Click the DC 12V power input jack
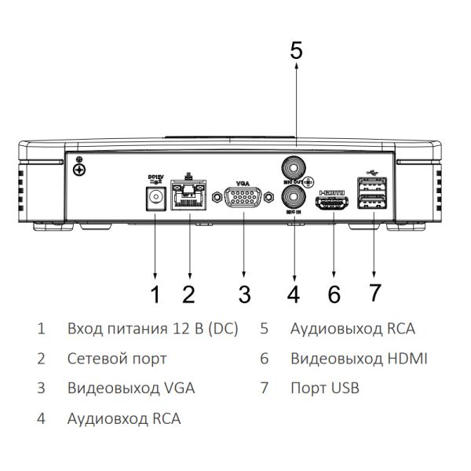155,199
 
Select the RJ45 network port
188,195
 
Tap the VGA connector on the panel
243,198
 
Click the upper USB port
374,187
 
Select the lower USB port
374,203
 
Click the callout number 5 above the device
296,50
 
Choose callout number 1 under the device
155,294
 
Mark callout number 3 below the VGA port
244,294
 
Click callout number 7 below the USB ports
375,293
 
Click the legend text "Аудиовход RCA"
124,418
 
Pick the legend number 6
265,359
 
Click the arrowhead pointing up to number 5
296,70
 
